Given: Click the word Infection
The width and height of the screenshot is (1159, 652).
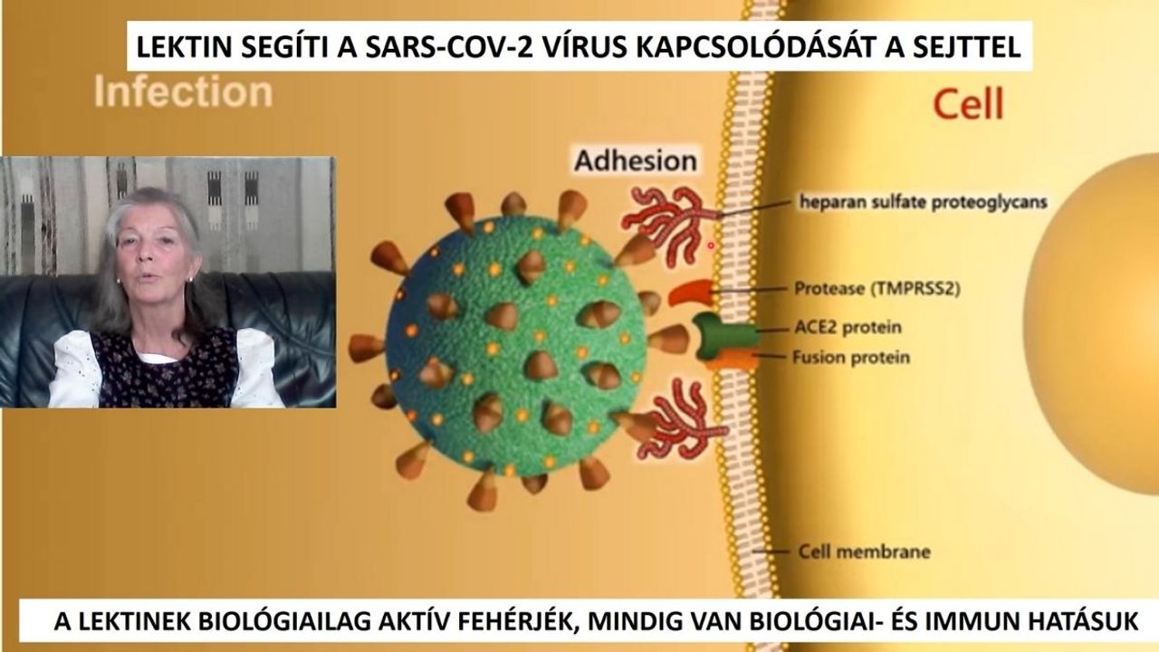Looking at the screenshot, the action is click(183, 91).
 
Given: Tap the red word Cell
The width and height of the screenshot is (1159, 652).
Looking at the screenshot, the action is click(968, 104).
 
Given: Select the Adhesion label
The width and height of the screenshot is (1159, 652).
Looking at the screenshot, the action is click(636, 160).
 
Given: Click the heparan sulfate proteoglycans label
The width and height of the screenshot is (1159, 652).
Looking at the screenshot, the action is click(923, 202).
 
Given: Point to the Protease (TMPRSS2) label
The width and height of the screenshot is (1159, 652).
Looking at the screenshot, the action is click(877, 288).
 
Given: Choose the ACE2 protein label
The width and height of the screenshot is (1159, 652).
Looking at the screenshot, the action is click(848, 327).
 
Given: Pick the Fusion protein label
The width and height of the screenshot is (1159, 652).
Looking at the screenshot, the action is click(851, 357).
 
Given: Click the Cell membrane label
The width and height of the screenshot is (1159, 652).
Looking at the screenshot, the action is click(864, 551).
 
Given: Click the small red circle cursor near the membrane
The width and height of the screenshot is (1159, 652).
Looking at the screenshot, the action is click(711, 245).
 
